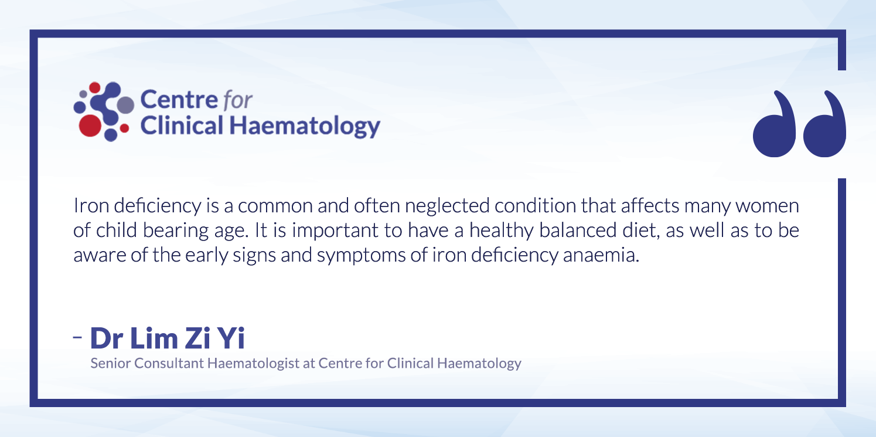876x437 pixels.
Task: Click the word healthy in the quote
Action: pos(502,231)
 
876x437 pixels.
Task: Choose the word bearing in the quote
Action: pos(176,231)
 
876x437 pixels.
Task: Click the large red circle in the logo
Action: pos(90,126)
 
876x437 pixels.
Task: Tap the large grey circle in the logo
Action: pos(125,105)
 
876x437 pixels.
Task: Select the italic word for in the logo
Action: pos(237,100)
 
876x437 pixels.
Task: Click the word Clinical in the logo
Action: pos(182,126)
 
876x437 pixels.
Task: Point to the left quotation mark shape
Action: pos(774,124)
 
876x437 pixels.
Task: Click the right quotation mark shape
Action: pos(824,124)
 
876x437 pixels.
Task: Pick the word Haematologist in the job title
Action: pos(253,364)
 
